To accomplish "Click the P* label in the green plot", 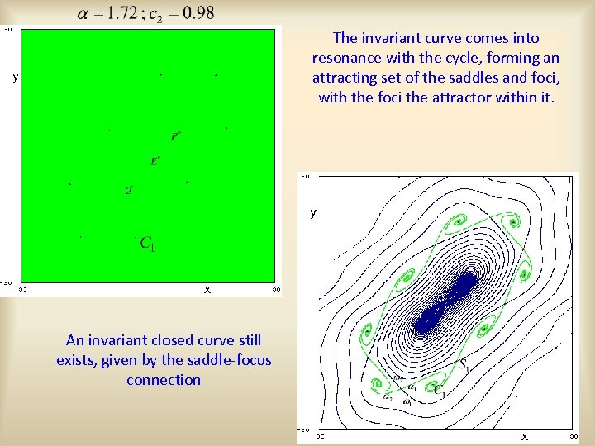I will [176, 135].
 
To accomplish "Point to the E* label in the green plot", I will [155, 161].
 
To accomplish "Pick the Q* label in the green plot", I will [129, 188].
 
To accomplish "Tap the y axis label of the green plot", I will [15, 77].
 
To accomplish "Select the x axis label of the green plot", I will [207, 289].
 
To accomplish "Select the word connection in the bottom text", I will [164, 380].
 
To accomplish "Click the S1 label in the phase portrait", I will [465, 363].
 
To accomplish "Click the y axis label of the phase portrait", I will [313, 212].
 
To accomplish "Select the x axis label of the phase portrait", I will [524, 435].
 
